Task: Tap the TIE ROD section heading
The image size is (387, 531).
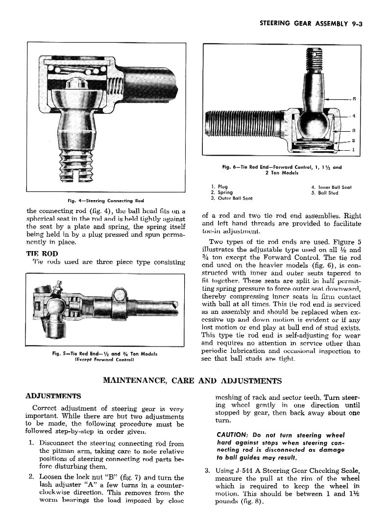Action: click(42, 254)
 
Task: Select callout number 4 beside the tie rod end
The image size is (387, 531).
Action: click(353, 116)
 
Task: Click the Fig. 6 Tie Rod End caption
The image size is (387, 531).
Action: click(282, 170)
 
